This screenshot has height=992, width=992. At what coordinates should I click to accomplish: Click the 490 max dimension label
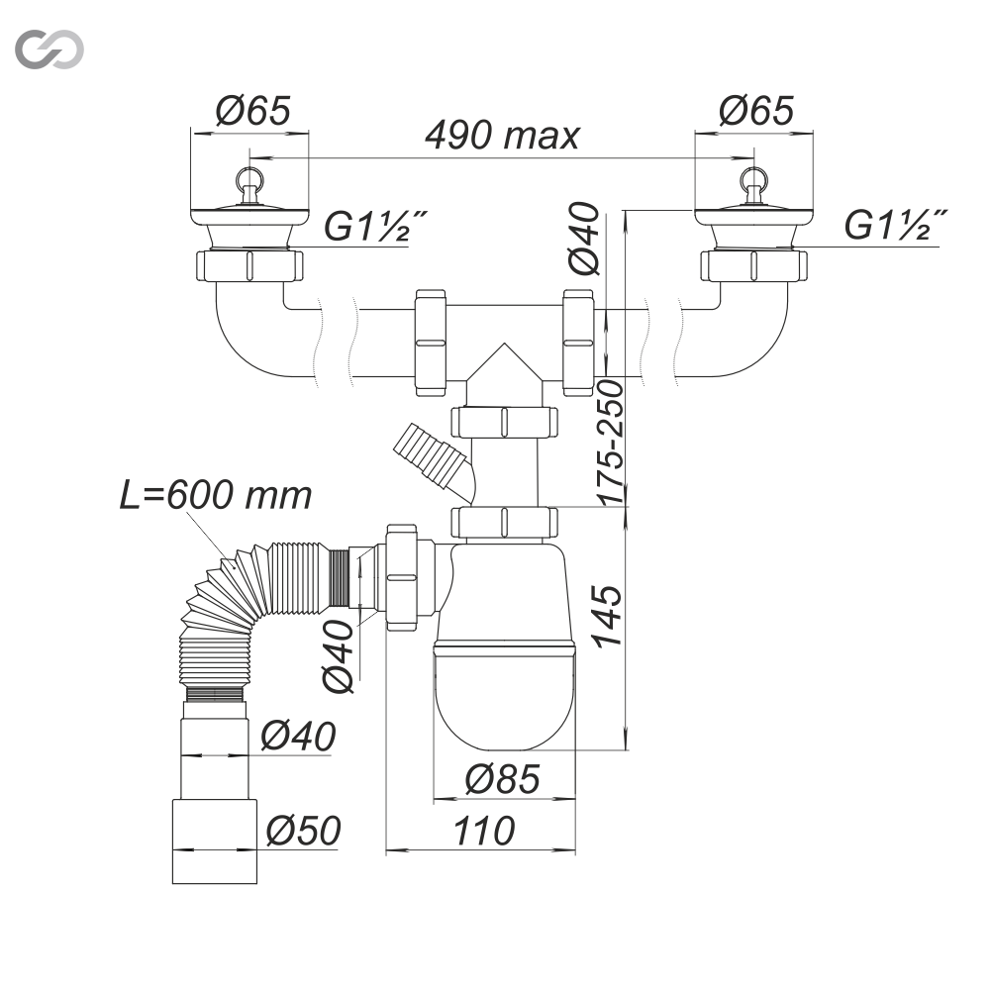point(501,136)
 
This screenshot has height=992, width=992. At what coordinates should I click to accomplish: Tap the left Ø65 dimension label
point(252,111)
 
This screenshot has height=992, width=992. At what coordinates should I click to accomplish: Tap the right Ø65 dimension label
point(756,111)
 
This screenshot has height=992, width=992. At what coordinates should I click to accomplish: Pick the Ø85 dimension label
point(503,780)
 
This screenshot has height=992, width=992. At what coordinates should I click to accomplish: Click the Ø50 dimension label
point(303,830)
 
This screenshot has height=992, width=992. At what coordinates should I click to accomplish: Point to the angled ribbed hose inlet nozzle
point(428,456)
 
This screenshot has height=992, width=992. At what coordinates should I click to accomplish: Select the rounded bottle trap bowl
point(504,693)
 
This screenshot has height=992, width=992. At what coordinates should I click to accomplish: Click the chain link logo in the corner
point(50,49)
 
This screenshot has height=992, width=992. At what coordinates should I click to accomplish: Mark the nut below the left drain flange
point(249,267)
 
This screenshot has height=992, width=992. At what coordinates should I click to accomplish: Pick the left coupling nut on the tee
point(432,343)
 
